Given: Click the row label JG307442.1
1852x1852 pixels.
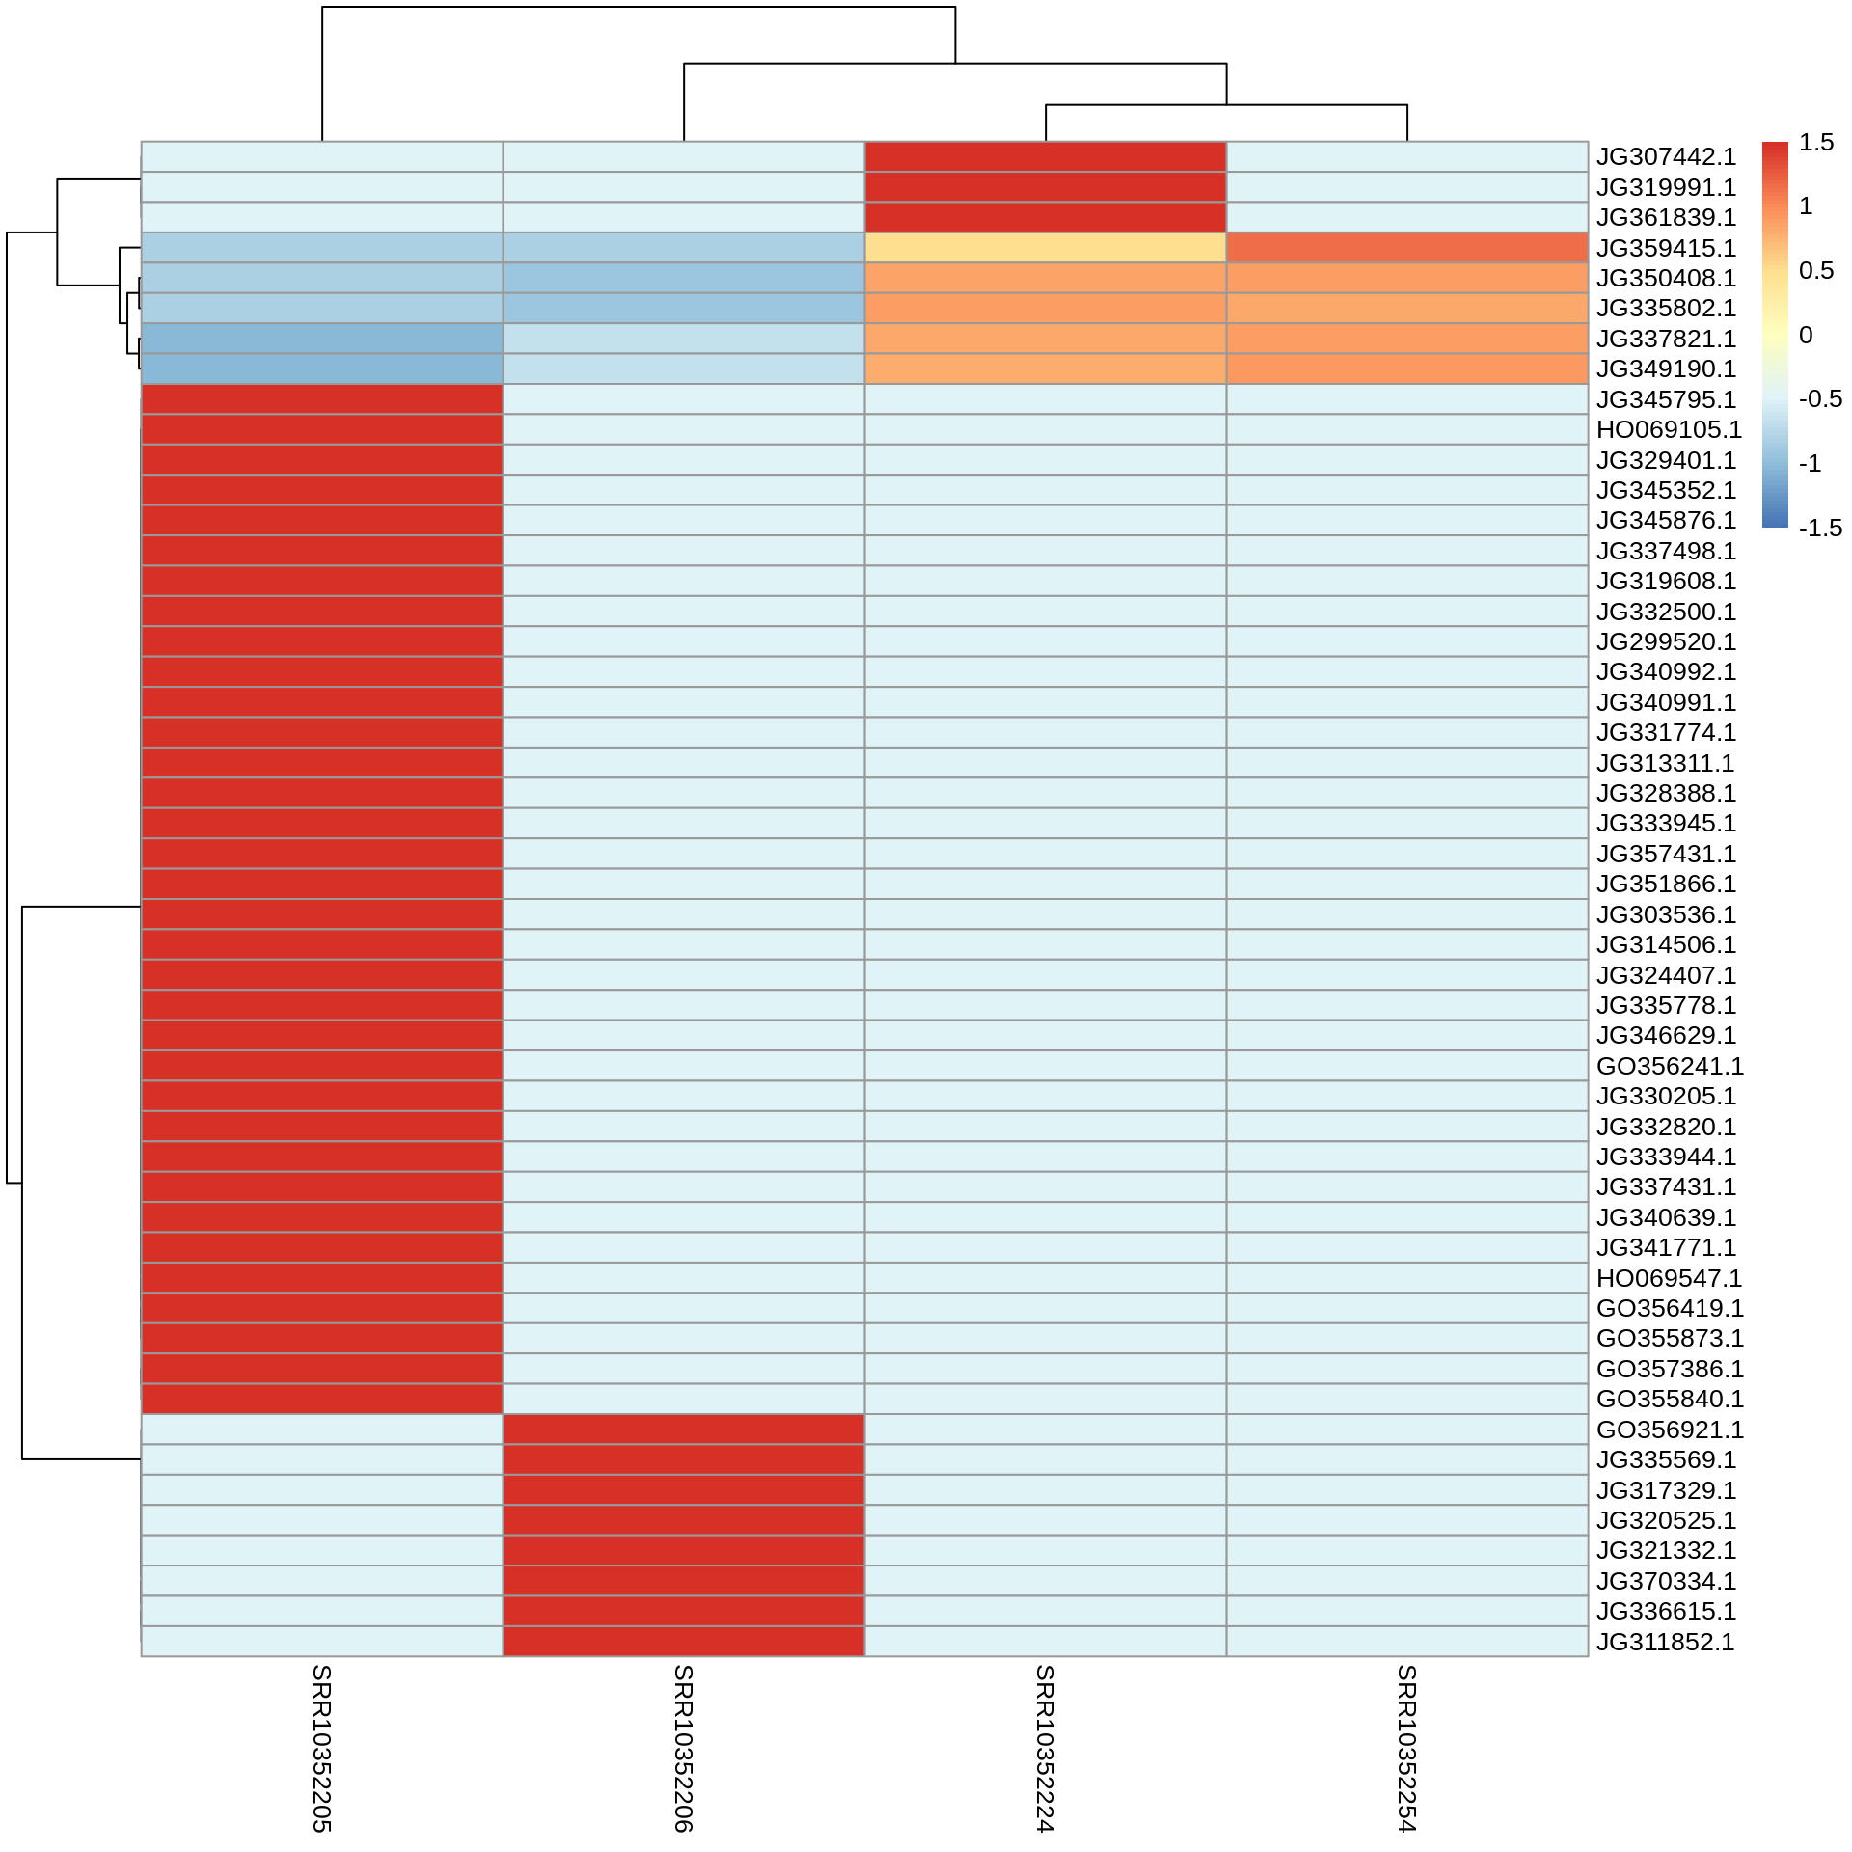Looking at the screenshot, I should click(x=1666, y=157).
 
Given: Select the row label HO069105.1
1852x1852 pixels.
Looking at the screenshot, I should click(x=1669, y=429).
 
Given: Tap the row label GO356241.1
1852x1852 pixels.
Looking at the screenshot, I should click(x=1670, y=1066).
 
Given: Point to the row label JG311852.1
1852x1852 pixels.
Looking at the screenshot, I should click(x=1665, y=1642).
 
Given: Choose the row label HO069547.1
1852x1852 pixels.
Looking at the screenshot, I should click(x=1669, y=1278).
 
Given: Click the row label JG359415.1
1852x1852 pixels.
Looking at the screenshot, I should click(x=1666, y=248).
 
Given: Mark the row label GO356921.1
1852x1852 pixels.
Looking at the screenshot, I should click(x=1670, y=1430).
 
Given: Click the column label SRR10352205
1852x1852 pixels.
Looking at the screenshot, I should click(x=321, y=1748).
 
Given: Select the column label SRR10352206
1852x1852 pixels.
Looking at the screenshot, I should click(x=683, y=1748).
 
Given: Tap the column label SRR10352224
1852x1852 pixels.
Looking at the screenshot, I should click(x=1045, y=1748).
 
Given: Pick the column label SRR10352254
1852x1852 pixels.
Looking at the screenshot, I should click(x=1406, y=1748).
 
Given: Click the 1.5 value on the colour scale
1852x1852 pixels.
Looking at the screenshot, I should click(x=1816, y=143).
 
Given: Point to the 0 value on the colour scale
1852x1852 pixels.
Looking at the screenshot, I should click(x=1806, y=336).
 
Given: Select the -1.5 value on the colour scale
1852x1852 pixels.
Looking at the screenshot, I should click(x=1820, y=529).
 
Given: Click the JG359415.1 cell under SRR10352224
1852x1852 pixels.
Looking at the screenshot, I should click(x=1046, y=248).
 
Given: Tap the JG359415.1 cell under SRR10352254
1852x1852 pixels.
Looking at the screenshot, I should click(x=1407, y=248).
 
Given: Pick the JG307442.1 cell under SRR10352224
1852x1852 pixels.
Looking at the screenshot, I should click(x=1046, y=157).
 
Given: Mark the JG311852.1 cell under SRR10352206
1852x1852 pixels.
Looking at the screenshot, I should click(x=684, y=1642).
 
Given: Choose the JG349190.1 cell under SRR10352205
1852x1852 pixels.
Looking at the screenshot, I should click(x=322, y=368).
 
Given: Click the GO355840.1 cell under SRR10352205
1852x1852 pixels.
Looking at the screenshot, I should click(x=322, y=1399).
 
